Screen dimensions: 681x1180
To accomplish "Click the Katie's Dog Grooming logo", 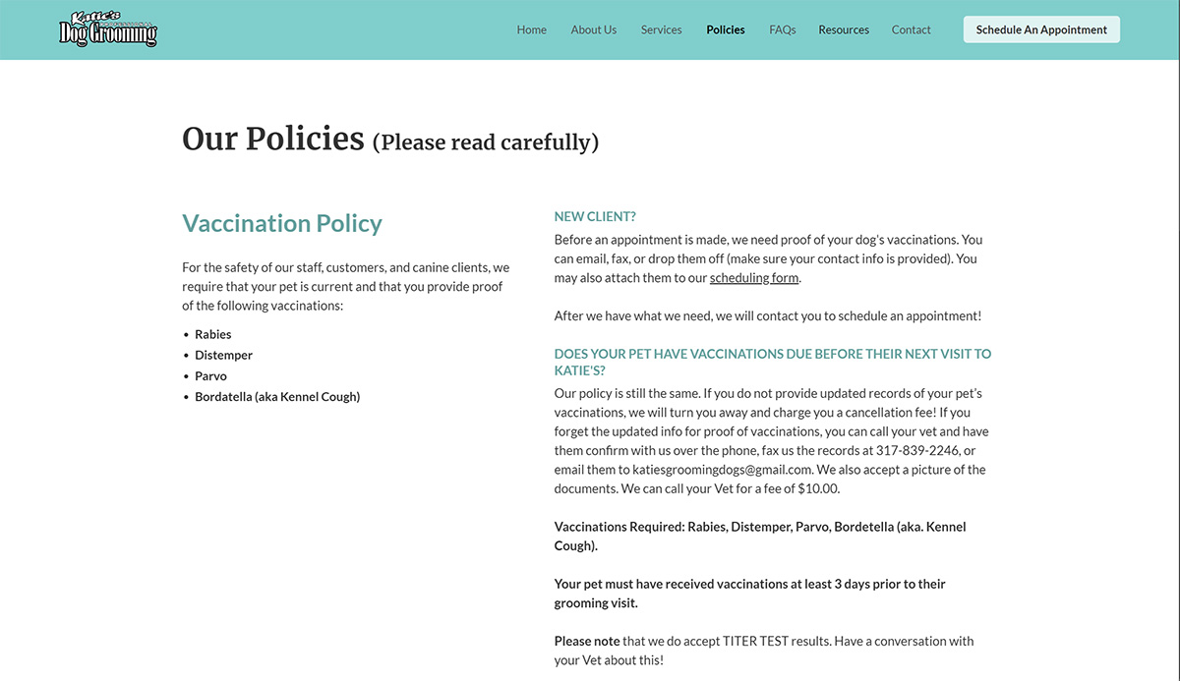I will click(x=108, y=29).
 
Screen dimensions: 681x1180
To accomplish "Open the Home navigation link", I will click(x=531, y=29).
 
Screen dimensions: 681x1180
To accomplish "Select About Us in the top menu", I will click(x=593, y=29).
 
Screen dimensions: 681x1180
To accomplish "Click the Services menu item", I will click(x=661, y=29).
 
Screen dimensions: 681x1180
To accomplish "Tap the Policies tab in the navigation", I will click(x=726, y=29).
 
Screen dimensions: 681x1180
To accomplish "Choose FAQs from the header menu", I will click(x=783, y=29).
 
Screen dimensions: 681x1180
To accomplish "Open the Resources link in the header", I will click(x=844, y=29).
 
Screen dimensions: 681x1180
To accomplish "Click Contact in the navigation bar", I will click(x=911, y=29).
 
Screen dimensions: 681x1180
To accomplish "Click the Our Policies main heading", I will click(x=273, y=139).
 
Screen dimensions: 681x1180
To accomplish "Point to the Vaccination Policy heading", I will click(x=282, y=223).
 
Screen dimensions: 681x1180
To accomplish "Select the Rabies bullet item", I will click(x=213, y=334).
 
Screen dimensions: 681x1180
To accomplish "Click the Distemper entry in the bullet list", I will click(x=223, y=355).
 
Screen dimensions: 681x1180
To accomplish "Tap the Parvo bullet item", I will click(x=210, y=375).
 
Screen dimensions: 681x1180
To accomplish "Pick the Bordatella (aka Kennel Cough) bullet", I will click(x=277, y=397).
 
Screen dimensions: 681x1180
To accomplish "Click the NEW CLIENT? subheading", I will click(x=595, y=216).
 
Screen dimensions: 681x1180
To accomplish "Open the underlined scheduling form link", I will click(x=754, y=278).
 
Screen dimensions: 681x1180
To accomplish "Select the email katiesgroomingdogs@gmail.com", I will click(x=722, y=470).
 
